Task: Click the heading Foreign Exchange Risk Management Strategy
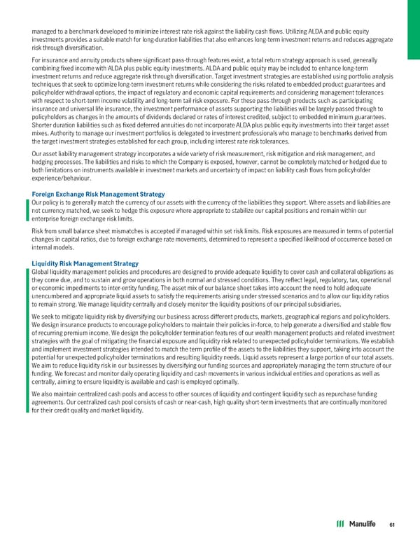click(x=98, y=174)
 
